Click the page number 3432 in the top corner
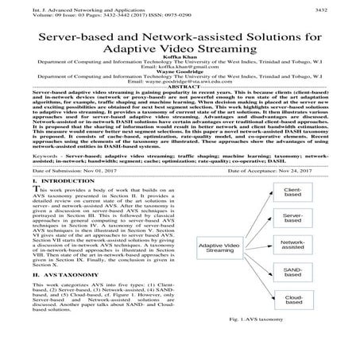344,5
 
